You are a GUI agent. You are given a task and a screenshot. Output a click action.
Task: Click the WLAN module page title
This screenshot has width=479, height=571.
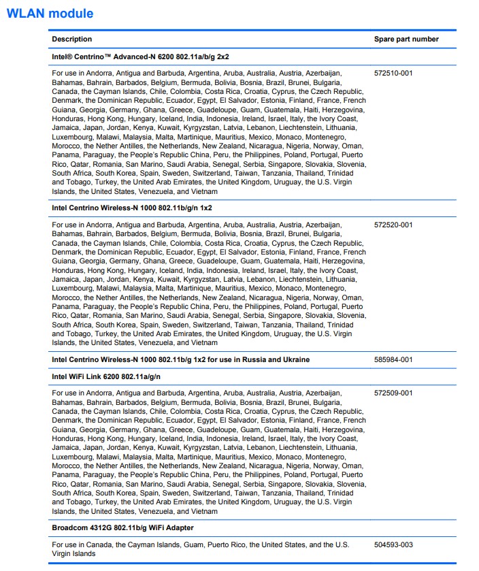[49, 14]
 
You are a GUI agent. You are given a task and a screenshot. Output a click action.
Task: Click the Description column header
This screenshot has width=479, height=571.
[71, 39]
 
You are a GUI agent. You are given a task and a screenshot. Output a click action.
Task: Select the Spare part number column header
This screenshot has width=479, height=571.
[406, 39]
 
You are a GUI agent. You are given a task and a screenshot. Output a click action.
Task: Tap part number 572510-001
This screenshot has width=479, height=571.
[393, 73]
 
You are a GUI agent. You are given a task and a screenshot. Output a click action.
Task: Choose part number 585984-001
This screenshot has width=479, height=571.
[393, 359]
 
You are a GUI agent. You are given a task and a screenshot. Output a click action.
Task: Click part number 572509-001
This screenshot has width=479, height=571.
[393, 393]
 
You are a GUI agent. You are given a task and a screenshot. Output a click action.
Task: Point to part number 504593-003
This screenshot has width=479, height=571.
[393, 545]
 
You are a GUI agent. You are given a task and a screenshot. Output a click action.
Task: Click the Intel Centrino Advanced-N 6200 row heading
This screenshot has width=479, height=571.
[144, 56]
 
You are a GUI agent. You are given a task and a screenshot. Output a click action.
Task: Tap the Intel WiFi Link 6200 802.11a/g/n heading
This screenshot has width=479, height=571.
[106, 376]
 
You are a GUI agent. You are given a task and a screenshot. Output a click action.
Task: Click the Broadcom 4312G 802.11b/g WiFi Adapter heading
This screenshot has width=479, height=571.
[122, 528]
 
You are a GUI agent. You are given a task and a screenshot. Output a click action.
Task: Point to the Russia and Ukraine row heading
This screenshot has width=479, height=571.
[180, 359]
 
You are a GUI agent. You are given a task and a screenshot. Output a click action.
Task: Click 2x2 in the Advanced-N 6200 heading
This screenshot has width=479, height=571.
[229, 56]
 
